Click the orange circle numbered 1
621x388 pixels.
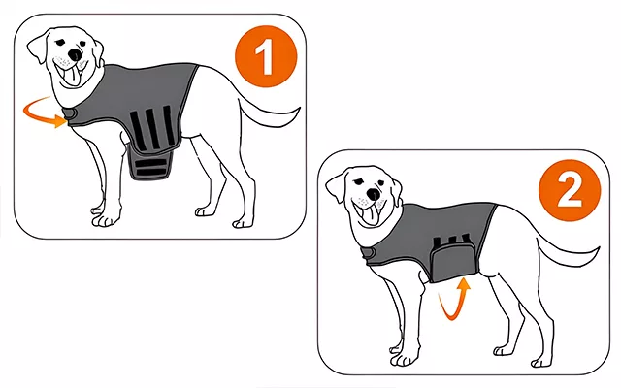(x=266, y=56)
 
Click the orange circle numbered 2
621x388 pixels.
(x=570, y=190)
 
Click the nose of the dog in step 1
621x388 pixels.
(x=74, y=55)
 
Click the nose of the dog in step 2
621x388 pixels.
(x=373, y=194)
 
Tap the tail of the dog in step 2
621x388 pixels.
(x=569, y=253)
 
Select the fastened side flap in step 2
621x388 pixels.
(x=453, y=261)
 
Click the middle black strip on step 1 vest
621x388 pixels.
(x=152, y=129)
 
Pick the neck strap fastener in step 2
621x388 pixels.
(x=368, y=252)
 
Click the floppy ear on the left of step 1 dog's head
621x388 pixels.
(x=39, y=47)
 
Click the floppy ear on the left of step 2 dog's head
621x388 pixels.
(x=337, y=187)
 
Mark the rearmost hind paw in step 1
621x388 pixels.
(x=243, y=224)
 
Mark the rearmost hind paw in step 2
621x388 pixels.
(x=542, y=362)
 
